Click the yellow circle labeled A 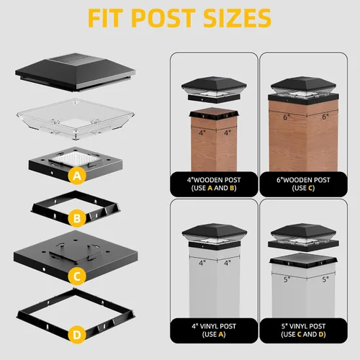[77, 176]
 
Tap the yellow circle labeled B [77, 218]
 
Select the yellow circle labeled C [77, 276]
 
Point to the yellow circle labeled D [77, 335]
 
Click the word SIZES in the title [237, 18]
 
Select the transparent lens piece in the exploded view [76, 119]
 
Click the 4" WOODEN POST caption [214, 180]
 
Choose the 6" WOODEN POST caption [303, 180]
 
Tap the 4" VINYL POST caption [214, 326]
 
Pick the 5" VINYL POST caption [303, 326]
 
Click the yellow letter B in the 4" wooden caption [232, 188]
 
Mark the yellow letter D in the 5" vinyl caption [321, 334]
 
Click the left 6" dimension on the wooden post [287, 117]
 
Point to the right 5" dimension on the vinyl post [325, 279]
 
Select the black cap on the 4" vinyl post [215, 237]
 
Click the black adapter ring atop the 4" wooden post [214, 114]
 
